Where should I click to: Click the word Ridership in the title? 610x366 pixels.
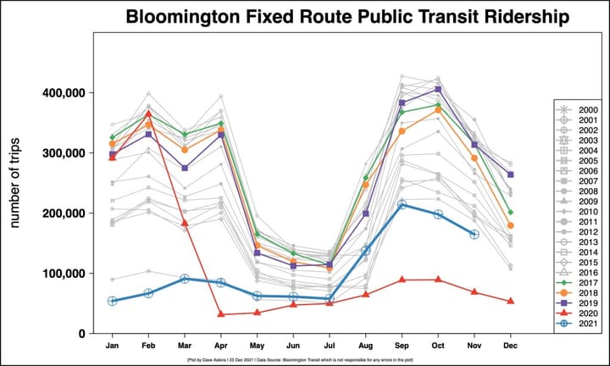click(x=524, y=17)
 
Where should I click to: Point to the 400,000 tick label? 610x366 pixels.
click(x=64, y=92)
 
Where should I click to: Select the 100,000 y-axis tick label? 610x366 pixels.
click(x=64, y=274)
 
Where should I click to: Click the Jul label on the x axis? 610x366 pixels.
click(x=330, y=346)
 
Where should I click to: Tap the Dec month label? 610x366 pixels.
click(x=511, y=346)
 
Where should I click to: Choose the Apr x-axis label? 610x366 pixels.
click(x=221, y=346)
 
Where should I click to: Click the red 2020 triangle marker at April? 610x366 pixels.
click(x=221, y=314)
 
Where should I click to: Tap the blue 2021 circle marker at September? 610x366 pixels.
click(x=402, y=204)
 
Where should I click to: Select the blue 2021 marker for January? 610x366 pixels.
click(x=112, y=301)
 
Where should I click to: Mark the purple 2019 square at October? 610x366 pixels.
click(x=438, y=89)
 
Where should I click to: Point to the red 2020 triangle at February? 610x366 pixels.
click(x=148, y=114)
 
